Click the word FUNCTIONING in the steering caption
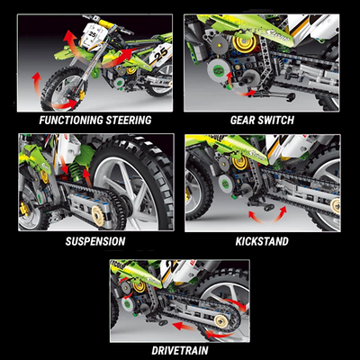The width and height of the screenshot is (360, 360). [67, 119]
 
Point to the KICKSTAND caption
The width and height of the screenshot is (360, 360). [262, 241]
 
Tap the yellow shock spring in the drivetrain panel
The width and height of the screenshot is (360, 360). [140, 287]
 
